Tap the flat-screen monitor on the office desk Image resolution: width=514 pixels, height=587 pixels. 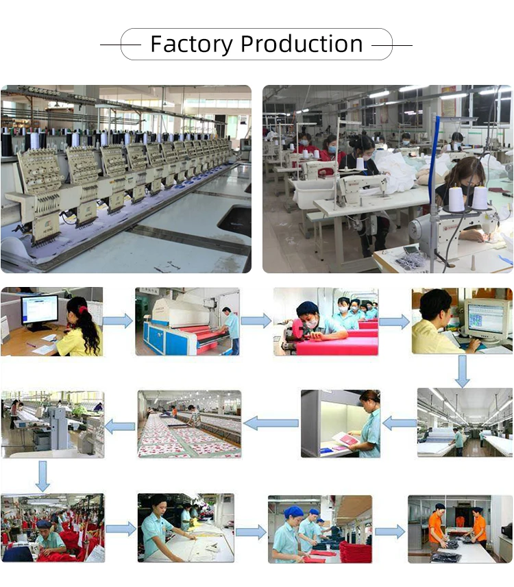[39, 310]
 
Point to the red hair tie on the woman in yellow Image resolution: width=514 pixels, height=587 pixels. [82, 310]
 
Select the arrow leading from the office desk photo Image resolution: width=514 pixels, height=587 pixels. [118, 321]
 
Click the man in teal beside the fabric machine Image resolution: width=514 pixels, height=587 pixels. [234, 329]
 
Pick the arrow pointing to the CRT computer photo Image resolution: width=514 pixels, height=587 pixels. [394, 321]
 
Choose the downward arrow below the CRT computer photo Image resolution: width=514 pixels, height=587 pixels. [463, 371]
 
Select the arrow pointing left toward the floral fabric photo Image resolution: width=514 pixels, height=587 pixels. [271, 423]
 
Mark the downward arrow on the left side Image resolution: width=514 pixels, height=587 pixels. [42, 475]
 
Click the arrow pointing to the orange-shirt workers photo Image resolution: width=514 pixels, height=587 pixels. [390, 532]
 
